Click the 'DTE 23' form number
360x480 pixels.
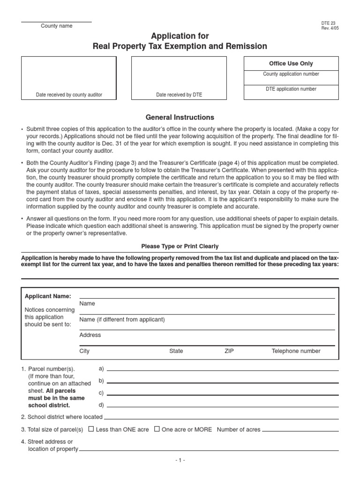328,22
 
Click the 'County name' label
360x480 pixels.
56,26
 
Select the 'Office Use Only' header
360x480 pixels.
291,64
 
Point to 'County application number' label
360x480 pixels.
291,74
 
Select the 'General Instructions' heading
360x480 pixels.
180,118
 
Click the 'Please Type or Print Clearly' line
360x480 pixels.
180,247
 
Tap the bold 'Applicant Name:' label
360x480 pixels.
48,296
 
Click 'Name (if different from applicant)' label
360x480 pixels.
122,320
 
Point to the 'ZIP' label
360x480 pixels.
229,351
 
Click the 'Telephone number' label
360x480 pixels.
296,351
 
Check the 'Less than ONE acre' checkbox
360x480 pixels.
91,429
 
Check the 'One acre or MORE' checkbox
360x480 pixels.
157,429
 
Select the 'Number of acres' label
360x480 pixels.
239,429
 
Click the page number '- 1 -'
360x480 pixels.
180,461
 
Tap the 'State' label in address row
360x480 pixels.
176,351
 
